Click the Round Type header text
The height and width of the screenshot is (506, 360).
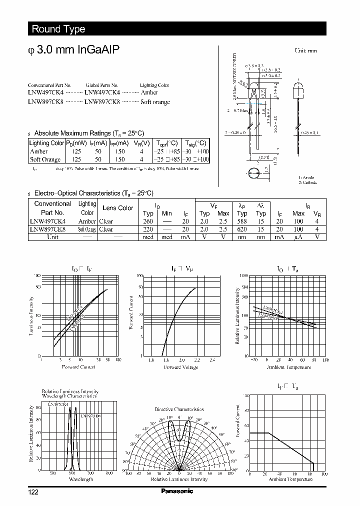58,29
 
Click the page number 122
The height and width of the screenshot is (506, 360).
33,492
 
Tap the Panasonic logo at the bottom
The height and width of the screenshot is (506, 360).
176,491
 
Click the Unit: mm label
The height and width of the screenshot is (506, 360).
305,50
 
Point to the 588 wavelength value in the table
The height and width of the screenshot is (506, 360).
242,221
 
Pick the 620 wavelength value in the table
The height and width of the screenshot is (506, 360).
242,229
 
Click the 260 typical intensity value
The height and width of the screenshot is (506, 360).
147,221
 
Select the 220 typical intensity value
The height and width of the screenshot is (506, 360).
147,229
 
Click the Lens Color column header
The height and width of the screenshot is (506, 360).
117,208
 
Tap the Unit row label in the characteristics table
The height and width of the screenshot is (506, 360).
52,237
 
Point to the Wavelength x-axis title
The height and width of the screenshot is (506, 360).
80,479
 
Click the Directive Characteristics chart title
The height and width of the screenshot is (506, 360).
179,409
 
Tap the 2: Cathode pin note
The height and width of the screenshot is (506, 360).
308,182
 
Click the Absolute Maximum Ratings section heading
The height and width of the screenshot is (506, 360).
88,133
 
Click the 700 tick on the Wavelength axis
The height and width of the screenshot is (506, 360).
90,473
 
